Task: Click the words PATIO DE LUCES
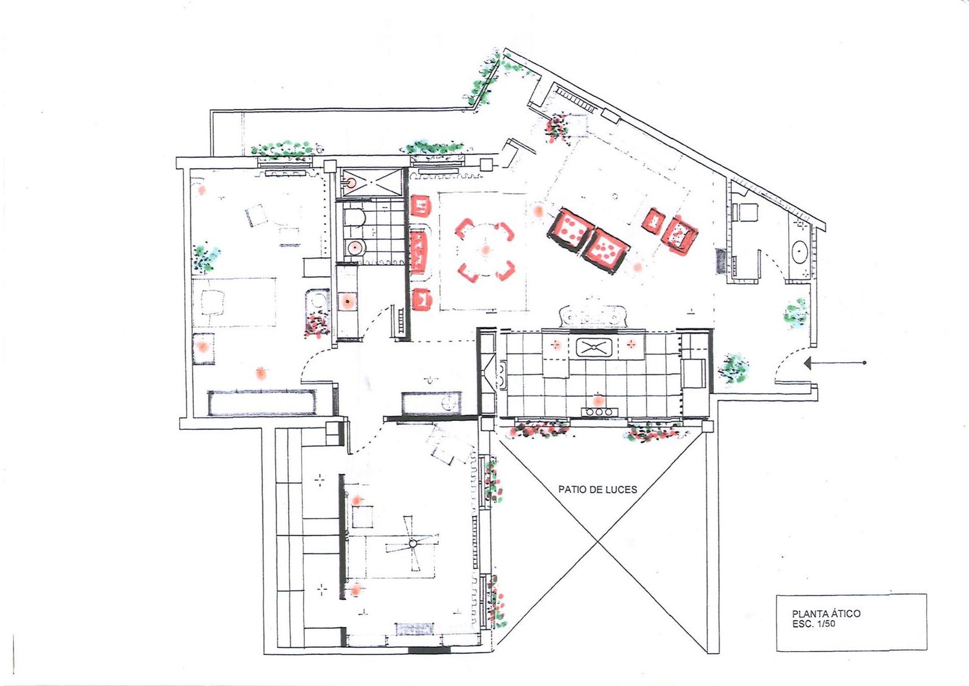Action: [598, 489]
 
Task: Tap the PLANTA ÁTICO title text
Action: [826, 613]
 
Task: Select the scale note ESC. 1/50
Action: [814, 624]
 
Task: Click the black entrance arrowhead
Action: [807, 363]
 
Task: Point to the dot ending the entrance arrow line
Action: [864, 363]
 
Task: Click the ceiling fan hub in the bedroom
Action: [412, 542]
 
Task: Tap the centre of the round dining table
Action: [485, 250]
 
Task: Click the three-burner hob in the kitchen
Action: [599, 411]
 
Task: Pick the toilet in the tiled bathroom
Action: [354, 218]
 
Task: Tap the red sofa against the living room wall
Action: [419, 253]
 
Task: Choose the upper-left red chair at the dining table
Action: [464, 228]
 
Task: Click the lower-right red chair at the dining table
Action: [505, 270]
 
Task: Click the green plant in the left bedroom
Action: [205, 259]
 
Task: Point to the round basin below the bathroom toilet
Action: [355, 248]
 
